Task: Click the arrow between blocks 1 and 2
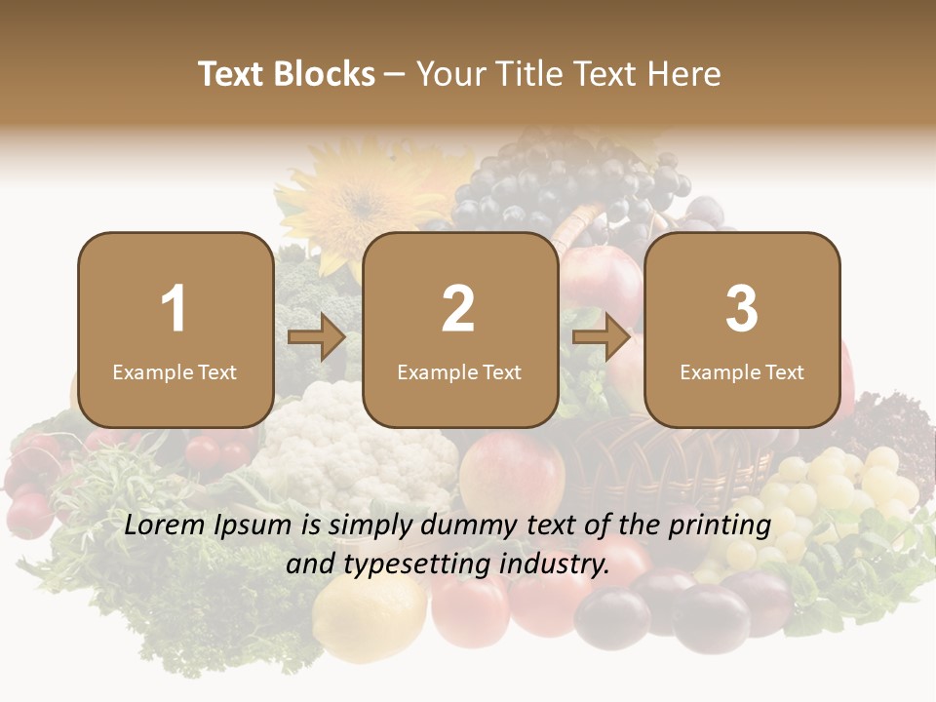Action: (317, 338)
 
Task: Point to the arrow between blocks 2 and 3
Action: (602, 338)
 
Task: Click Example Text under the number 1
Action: (175, 372)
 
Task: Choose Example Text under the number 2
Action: (459, 372)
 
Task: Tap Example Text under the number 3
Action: (742, 372)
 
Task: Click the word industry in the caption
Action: (553, 564)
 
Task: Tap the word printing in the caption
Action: (721, 526)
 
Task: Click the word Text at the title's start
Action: (231, 74)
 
